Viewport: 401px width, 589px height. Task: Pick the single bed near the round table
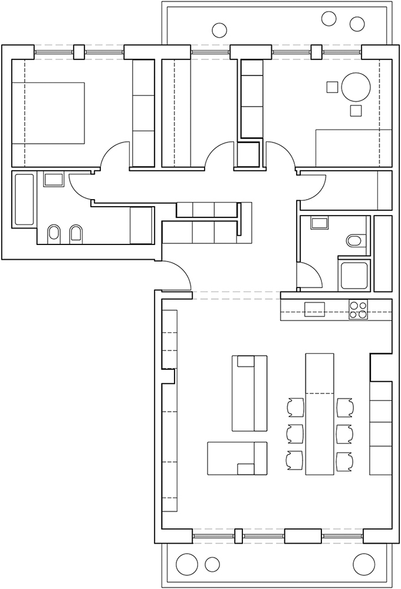(x=354, y=148)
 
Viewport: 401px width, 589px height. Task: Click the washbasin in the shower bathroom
(x=320, y=223)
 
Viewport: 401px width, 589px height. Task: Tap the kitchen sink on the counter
(x=314, y=309)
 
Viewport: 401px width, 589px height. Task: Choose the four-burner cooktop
(x=357, y=309)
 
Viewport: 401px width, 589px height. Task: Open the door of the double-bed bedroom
(x=115, y=156)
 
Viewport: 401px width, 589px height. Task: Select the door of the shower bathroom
(x=310, y=277)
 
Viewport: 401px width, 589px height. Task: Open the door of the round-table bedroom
(x=280, y=156)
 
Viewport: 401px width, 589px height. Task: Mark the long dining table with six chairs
(x=319, y=413)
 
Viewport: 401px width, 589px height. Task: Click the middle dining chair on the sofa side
(x=293, y=433)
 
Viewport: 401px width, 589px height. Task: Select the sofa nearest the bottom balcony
(x=237, y=458)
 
